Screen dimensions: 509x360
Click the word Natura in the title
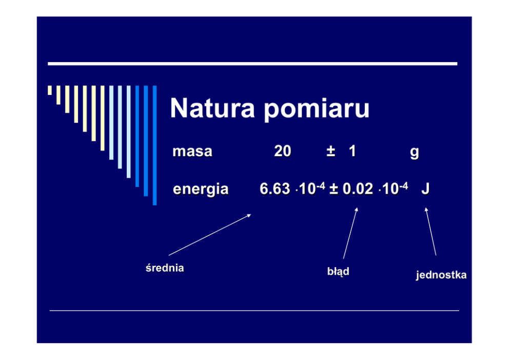(212, 108)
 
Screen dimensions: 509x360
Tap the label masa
(192, 151)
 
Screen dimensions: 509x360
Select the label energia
(201, 189)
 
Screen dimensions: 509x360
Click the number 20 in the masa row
(282, 151)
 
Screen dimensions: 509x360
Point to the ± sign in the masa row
(331, 151)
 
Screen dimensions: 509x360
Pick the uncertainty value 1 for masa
(353, 151)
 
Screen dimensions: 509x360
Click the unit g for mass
(415, 153)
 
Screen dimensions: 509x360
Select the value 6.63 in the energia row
(275, 189)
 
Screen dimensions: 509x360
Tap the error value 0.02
(358, 189)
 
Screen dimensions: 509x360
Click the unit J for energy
(425, 189)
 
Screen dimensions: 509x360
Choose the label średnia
(165, 268)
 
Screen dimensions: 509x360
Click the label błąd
(338, 271)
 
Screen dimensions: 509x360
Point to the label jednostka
(441, 275)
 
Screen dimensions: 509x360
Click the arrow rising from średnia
(210, 235)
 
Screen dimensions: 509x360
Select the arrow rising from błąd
(350, 233)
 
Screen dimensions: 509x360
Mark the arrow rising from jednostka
(431, 231)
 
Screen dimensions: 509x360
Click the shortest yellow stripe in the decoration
(50, 90)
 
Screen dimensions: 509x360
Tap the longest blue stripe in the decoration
(154, 145)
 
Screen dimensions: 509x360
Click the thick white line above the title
(252, 64)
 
